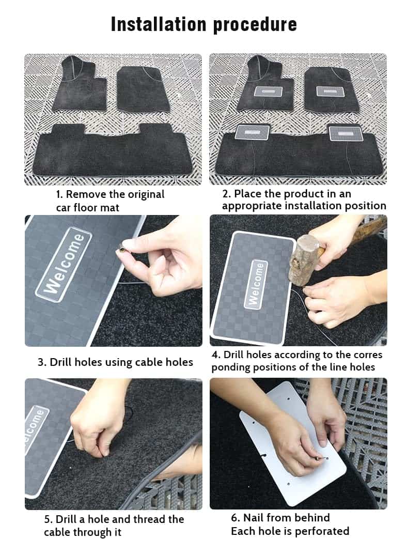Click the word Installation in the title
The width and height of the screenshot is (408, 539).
point(158,24)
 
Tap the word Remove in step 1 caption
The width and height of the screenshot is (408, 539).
point(86,194)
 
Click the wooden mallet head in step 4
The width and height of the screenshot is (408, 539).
point(304,259)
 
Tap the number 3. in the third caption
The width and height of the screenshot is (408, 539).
point(42,362)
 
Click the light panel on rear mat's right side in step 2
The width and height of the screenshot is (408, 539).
point(345,133)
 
